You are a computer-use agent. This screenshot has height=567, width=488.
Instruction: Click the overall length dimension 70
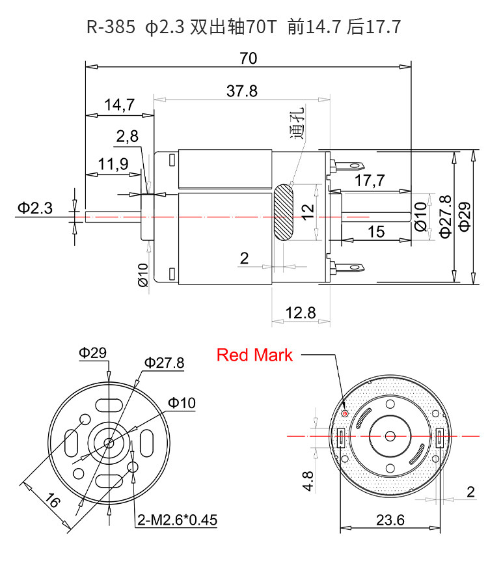pyautogui.click(x=249, y=58)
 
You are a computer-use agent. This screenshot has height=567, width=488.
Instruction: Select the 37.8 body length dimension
pyautogui.click(x=242, y=90)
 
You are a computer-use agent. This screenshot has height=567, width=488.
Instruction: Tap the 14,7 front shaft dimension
pyautogui.click(x=119, y=105)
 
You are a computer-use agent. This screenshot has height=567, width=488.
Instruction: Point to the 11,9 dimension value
pyautogui.click(x=113, y=164)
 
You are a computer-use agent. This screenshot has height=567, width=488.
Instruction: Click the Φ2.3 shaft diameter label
pyautogui.click(x=35, y=208)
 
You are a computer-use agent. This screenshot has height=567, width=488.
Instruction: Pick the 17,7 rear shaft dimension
pyautogui.click(x=370, y=180)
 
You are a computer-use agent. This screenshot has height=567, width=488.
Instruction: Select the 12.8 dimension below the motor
pyautogui.click(x=301, y=312)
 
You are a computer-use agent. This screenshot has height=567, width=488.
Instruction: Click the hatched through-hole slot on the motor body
pyautogui.click(x=283, y=212)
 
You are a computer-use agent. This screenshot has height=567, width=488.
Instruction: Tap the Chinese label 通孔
pyautogui.click(x=297, y=122)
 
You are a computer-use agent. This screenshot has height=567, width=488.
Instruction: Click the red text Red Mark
pyautogui.click(x=254, y=355)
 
